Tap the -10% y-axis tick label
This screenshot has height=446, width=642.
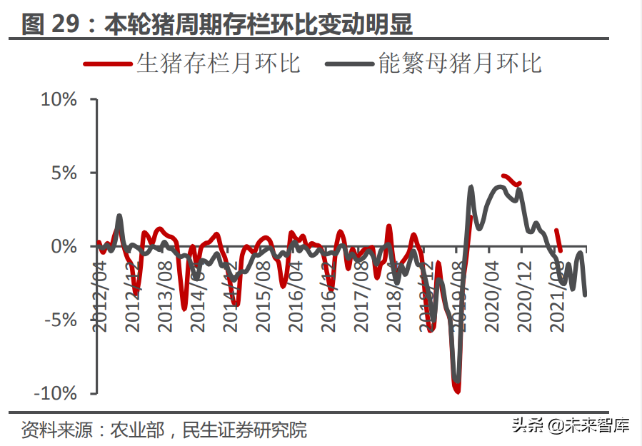click(x=56, y=393)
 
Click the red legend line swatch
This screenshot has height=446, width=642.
click(x=108, y=64)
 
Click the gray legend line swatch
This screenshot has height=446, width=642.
click(x=349, y=64)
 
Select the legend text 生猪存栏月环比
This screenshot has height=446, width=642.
click(x=218, y=64)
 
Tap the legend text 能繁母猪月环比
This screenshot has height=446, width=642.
click(x=460, y=64)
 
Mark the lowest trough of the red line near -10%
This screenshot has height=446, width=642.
click(x=456, y=390)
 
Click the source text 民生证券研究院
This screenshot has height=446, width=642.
click(x=245, y=430)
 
